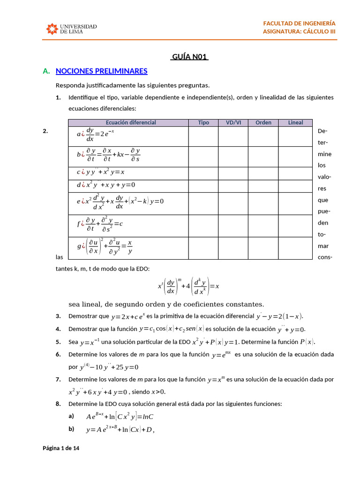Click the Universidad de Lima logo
point(71,29)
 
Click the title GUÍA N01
point(190,57)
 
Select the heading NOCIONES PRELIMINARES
point(101,71)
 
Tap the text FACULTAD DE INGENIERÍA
point(299,23)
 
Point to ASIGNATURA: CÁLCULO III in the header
point(299,31)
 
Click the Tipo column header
point(203,123)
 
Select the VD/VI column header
point(233,123)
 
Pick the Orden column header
point(263,123)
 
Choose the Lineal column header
point(295,123)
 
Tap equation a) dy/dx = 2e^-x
point(96,135)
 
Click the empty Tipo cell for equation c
point(203,173)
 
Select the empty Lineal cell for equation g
point(295,247)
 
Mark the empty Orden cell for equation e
point(263,203)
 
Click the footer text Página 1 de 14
point(61,448)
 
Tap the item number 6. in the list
point(58,354)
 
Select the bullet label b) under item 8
point(71,428)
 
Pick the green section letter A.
point(46,71)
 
